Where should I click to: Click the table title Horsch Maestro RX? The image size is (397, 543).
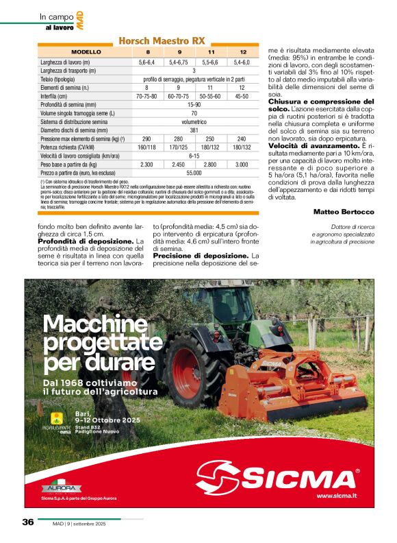point(162,41)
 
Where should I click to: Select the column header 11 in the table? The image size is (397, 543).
point(212,52)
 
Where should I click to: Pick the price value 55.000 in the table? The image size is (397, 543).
point(194,173)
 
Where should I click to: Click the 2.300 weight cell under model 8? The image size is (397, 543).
point(146,165)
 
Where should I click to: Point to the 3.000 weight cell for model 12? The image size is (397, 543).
point(242,165)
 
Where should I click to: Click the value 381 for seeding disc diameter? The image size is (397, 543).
point(194,130)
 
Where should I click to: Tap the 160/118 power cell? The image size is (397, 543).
point(146,147)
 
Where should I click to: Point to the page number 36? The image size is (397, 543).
point(28,522)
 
